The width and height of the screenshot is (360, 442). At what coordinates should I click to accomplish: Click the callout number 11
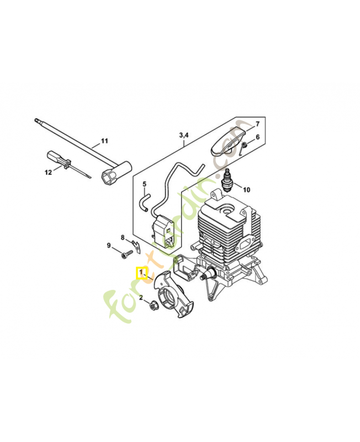(104, 141)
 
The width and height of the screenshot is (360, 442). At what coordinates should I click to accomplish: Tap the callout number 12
(48, 172)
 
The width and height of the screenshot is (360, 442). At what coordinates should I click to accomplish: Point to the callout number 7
(257, 123)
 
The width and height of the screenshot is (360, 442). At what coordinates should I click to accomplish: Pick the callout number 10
(246, 190)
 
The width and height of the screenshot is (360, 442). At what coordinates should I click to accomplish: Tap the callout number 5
(144, 184)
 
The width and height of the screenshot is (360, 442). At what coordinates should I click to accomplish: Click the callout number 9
(109, 245)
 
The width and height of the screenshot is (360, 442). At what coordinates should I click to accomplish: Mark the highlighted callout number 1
(141, 272)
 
